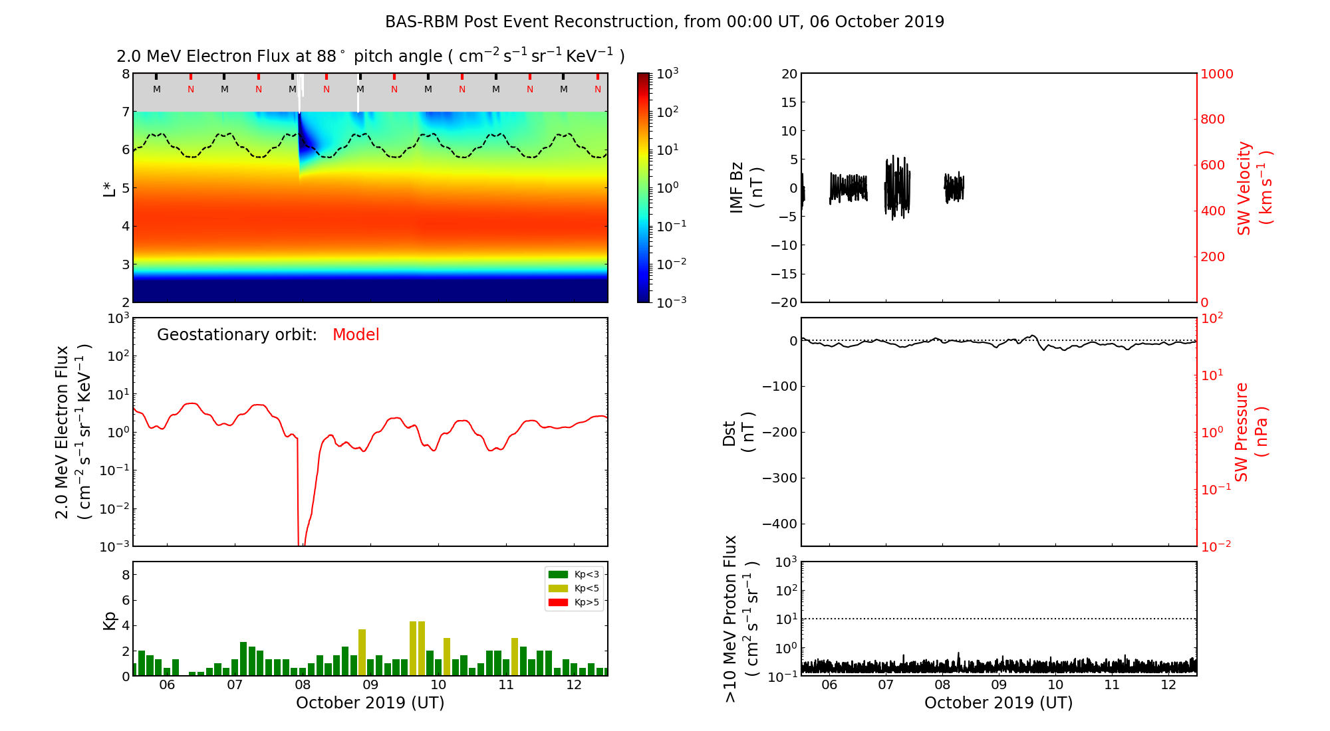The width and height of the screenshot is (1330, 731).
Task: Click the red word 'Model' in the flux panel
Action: coord(356,335)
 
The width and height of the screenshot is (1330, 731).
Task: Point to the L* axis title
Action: coord(110,187)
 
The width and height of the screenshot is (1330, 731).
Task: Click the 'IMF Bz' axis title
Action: coord(736,187)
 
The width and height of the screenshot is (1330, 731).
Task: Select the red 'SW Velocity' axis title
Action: coord(1244,188)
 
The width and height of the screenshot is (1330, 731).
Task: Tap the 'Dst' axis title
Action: coord(730,433)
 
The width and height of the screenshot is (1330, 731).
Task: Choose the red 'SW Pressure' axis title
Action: coord(1242,432)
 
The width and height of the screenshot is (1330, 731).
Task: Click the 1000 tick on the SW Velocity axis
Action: coord(1216,74)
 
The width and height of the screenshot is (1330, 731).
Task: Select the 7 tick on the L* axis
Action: coord(125,112)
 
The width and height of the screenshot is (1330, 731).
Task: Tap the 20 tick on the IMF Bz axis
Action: coord(789,74)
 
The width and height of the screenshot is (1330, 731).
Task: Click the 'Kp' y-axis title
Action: coord(110,620)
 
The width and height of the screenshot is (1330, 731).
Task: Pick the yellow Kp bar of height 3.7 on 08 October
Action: coord(362,652)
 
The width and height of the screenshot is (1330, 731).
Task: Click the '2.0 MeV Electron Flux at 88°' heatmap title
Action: coord(370,56)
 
